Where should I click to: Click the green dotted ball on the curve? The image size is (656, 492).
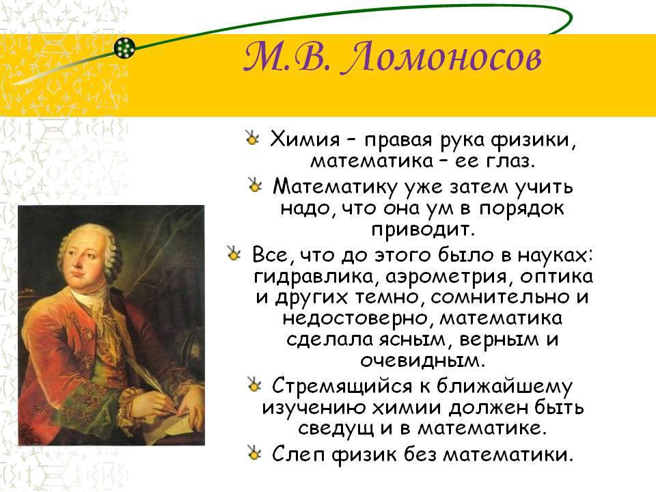(124, 48)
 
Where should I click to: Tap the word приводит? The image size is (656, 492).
(424, 230)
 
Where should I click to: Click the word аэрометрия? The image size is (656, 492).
(446, 277)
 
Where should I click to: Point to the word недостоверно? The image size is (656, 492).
(355, 319)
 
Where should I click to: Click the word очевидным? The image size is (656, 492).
(422, 360)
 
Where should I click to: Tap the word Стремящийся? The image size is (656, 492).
(342, 385)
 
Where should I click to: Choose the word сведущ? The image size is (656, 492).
(336, 428)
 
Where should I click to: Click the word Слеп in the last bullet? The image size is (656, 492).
(299, 454)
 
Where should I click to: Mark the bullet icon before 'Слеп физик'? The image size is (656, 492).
(254, 452)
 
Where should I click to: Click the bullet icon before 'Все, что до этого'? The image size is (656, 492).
(233, 253)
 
